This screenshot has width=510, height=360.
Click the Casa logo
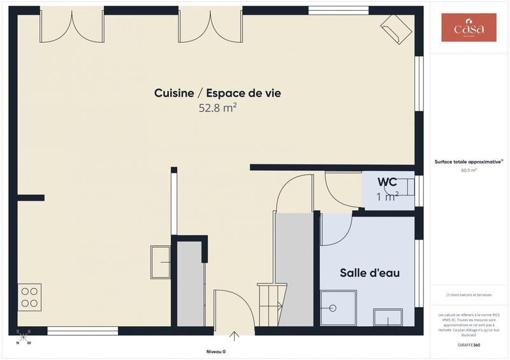469,27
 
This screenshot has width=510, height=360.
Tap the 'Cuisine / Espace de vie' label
217,93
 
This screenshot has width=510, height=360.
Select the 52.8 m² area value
217,108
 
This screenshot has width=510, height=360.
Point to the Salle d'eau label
370,273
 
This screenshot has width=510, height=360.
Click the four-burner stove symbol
29,297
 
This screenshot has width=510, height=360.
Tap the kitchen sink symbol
160,262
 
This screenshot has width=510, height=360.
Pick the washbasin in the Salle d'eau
388,317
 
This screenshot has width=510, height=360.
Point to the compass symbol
24,336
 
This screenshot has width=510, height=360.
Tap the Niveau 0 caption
215,352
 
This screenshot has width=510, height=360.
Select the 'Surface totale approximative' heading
469,162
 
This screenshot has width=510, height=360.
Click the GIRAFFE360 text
469,345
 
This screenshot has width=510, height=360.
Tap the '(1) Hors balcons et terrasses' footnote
469,294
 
